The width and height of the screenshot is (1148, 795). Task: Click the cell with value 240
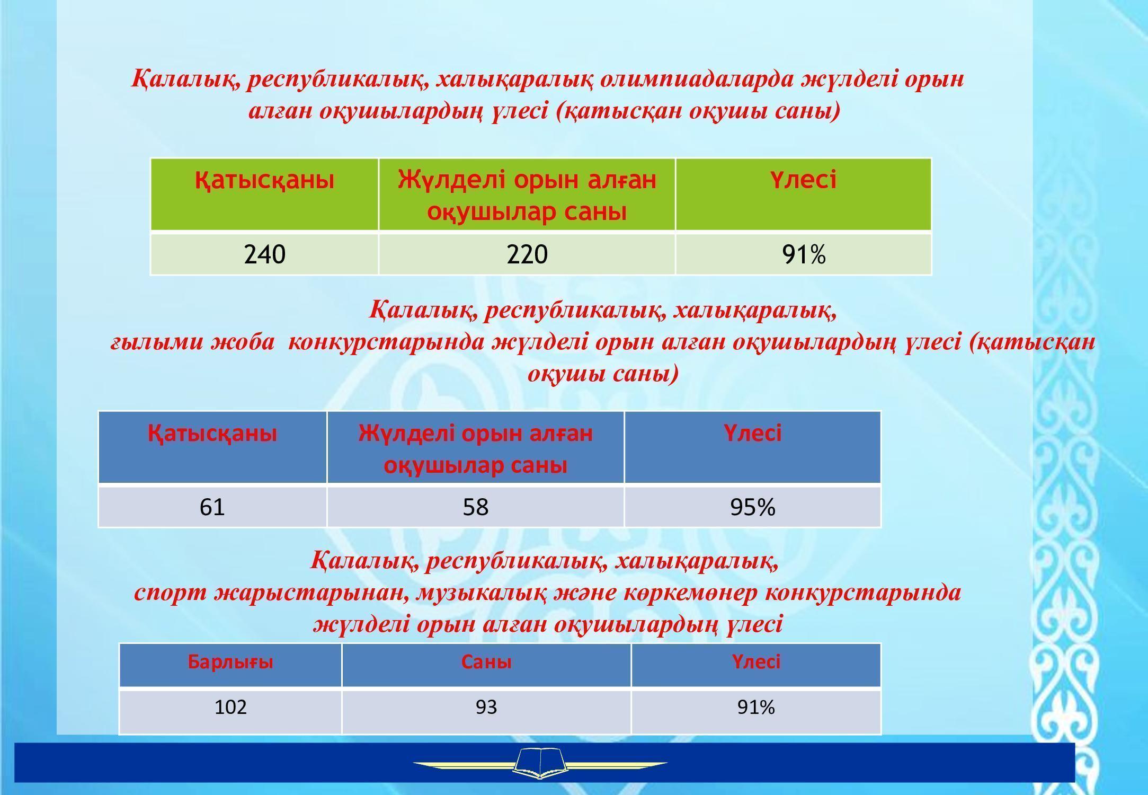point(265,254)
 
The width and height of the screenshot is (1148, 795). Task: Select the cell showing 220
point(527,254)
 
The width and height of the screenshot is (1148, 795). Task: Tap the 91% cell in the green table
point(804,254)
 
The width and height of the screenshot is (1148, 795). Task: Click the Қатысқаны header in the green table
point(265,195)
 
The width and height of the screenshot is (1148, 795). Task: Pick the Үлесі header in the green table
point(804,195)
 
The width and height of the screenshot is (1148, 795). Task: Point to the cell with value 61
point(212,507)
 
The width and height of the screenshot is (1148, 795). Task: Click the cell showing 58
point(476,507)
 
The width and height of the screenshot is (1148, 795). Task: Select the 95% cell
point(753,507)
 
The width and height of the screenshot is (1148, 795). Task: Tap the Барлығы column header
point(230,666)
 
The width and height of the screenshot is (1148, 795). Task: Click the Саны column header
point(486,666)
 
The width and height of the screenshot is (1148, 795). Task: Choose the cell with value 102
point(230,711)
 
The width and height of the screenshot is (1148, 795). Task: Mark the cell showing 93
point(486,711)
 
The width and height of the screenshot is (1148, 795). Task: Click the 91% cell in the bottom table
point(756,711)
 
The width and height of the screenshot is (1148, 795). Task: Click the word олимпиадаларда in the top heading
point(697,79)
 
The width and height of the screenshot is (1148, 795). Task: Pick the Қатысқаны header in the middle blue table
point(212,434)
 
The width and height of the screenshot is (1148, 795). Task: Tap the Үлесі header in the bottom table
point(756,662)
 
